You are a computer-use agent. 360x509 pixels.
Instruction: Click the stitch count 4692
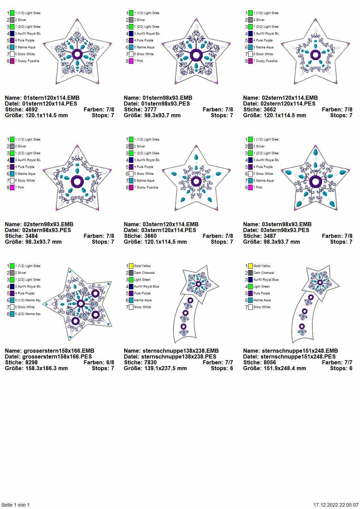click(32, 110)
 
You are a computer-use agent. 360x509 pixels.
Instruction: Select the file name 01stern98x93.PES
click(166, 104)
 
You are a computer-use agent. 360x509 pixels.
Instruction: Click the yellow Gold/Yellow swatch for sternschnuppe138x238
click(131, 266)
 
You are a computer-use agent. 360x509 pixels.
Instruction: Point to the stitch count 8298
click(32, 363)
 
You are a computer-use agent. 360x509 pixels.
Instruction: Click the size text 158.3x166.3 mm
click(46, 368)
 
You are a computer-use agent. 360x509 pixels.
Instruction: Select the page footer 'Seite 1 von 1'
click(16, 505)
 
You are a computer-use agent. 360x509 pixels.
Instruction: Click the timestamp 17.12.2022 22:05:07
click(336, 505)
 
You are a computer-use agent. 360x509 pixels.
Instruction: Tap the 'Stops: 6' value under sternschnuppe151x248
click(341, 368)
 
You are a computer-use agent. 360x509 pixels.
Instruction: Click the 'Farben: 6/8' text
click(99, 363)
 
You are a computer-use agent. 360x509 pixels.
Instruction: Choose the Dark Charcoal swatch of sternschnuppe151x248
click(250, 273)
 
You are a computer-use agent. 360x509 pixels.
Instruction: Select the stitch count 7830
click(151, 363)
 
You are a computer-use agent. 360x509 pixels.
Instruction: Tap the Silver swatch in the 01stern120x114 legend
click(12, 20)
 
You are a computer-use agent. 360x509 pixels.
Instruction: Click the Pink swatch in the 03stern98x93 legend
click(250, 187)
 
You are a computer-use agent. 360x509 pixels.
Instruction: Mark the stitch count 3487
click(270, 236)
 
